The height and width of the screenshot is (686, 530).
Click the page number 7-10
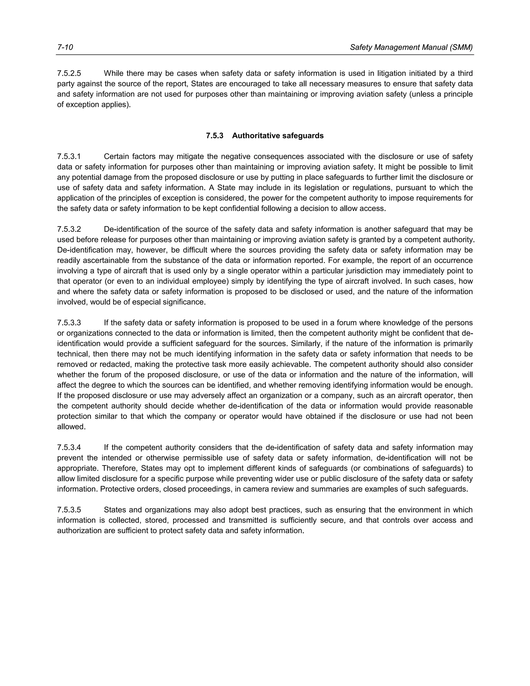[x=65, y=47]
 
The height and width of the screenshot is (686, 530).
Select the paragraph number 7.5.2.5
[x=69, y=73]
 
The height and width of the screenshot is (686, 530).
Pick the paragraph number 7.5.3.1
[x=69, y=156]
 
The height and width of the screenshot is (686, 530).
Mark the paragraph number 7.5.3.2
[x=69, y=229]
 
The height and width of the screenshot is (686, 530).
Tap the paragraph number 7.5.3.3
[x=69, y=323]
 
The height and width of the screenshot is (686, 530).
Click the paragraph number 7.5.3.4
[x=69, y=447]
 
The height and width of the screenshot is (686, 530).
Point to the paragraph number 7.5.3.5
[x=69, y=509]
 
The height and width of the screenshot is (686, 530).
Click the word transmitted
[x=248, y=520]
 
